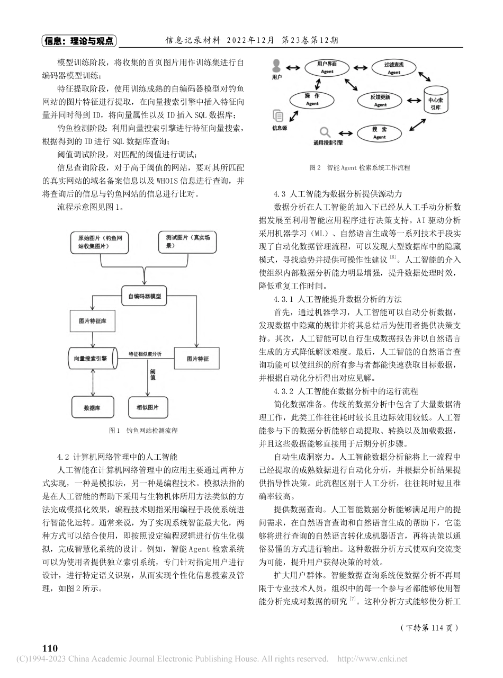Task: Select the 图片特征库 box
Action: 88,322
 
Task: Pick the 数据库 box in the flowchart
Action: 93,408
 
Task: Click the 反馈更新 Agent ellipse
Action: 380,101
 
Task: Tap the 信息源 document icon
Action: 277,116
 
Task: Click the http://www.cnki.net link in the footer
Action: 372,659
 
